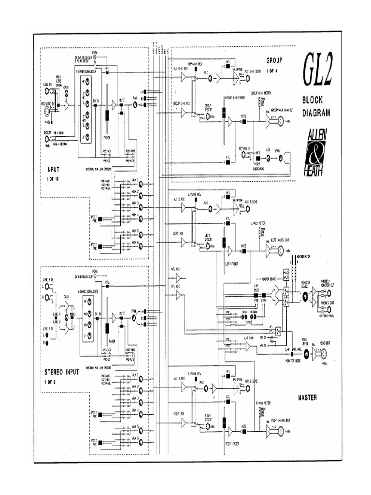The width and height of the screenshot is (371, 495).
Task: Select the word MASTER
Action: tap(307, 397)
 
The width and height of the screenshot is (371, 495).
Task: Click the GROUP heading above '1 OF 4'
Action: tap(274, 61)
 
